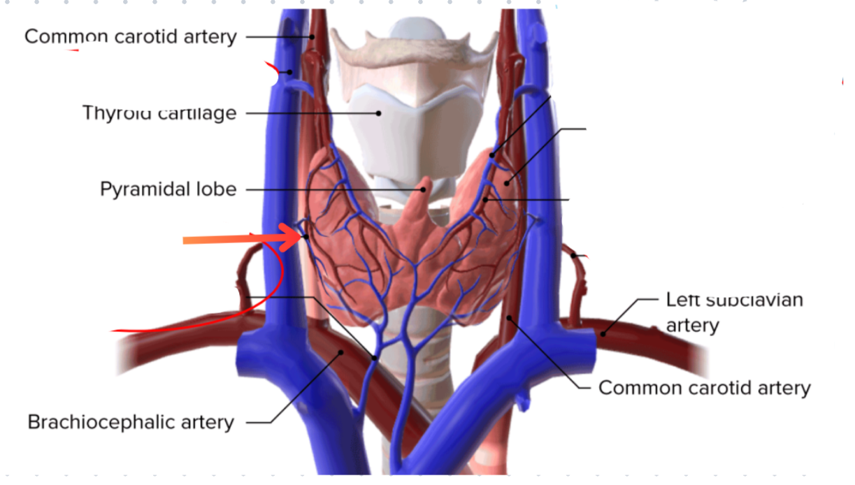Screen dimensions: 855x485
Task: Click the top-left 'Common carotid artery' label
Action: [130, 36]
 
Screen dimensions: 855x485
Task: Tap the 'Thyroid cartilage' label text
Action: [159, 112]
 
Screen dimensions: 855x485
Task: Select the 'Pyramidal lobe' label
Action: [168, 189]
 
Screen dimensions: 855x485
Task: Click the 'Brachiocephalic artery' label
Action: [130, 422]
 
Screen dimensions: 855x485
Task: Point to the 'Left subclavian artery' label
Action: [734, 312]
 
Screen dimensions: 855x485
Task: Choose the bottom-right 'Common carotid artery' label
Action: [705, 387]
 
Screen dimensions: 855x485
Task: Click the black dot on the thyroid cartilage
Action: [379, 112]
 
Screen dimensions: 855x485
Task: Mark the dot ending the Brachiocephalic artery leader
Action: [342, 352]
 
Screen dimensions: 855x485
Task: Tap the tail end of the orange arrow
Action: [186, 240]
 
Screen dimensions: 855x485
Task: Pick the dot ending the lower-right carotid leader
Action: [511, 318]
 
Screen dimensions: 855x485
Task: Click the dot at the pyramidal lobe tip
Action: [423, 188]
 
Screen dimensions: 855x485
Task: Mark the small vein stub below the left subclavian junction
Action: [523, 399]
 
